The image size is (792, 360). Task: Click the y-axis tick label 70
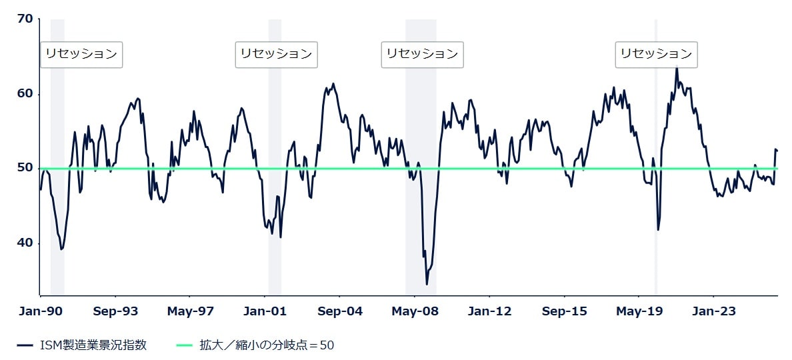[25, 19]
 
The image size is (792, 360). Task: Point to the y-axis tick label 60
[25, 94]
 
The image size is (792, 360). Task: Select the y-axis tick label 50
[25, 169]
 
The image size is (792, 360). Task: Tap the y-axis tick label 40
[25, 243]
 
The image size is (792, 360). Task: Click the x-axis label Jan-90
[41, 311]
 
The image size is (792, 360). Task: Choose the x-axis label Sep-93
[115, 311]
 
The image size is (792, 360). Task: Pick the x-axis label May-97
[190, 311]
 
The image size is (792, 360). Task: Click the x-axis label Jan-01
[265, 311]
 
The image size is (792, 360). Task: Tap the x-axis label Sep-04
[340, 311]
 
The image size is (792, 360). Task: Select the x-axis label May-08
[415, 311]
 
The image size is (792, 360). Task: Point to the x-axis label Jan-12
[489, 311]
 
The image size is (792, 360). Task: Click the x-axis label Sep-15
[564, 311]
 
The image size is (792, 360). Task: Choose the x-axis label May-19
[639, 311]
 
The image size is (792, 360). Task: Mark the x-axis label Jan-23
[713, 311]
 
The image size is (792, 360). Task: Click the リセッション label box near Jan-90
[81, 54]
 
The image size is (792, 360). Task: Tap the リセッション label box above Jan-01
[276, 54]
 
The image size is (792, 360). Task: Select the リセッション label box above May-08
[422, 54]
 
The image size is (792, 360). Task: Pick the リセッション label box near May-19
[656, 54]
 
